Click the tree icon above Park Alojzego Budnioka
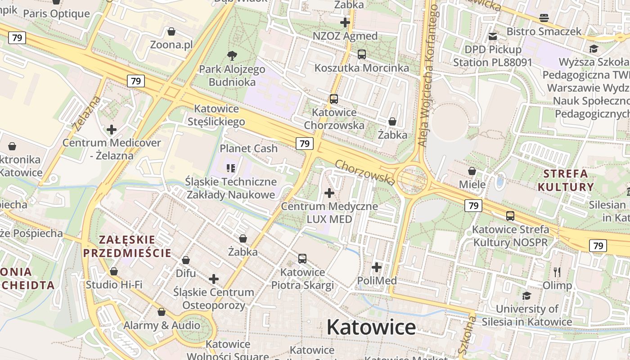(x=232, y=56)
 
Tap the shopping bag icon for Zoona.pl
(x=171, y=31)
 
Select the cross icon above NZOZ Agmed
(x=345, y=22)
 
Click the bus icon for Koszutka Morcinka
(x=361, y=54)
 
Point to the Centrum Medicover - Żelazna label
(x=112, y=149)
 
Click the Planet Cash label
(x=248, y=148)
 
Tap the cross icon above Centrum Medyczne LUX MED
(x=329, y=193)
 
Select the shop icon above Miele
(x=472, y=171)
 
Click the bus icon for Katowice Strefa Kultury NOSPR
(x=510, y=216)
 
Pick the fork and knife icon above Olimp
(x=557, y=272)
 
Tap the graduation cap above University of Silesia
(x=526, y=296)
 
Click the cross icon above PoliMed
(x=377, y=267)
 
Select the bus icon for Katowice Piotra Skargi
(x=302, y=259)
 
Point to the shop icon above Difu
(x=186, y=260)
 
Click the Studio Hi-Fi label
(x=114, y=284)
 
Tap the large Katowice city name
(x=371, y=327)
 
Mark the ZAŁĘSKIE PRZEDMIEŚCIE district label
(x=127, y=246)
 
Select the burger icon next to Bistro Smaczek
(x=544, y=18)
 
